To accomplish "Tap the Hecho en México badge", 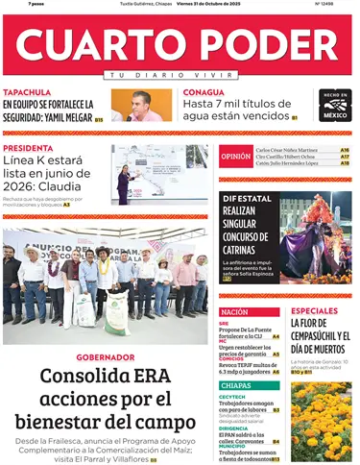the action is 335,105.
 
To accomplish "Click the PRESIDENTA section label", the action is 28,148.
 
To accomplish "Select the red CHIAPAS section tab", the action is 235,384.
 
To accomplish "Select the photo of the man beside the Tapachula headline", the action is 141,105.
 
